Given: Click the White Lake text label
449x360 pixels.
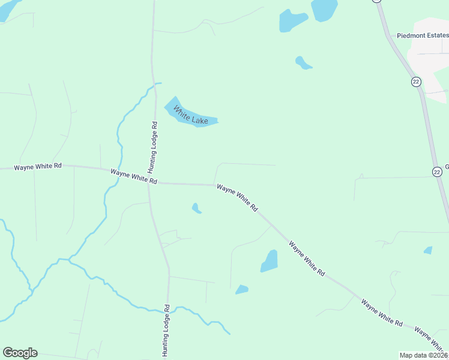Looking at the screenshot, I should pos(191,115).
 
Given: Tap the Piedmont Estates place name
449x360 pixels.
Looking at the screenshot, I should pos(423,35).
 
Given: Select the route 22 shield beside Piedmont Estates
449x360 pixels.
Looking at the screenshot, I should pos(416,82).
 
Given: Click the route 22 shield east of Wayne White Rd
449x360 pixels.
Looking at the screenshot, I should pos(436,172).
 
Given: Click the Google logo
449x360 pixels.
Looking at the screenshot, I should pos(20,353).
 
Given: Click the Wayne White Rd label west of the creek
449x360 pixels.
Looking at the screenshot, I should pos(38,166).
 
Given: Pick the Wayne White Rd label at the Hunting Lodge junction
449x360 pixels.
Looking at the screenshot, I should pos(134,176).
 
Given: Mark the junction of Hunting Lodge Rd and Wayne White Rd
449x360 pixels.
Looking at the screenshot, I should pos(149,184).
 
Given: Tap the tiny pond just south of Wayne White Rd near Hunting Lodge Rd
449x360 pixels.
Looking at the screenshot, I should pos(196,209).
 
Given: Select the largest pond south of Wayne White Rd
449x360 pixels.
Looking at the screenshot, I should pos(270,262).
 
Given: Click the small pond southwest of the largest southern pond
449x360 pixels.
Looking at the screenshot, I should pos(241,290).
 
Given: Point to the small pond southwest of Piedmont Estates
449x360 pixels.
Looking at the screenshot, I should pos(303,62).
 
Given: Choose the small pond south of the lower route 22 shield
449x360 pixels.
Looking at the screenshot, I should pos(428,250).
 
